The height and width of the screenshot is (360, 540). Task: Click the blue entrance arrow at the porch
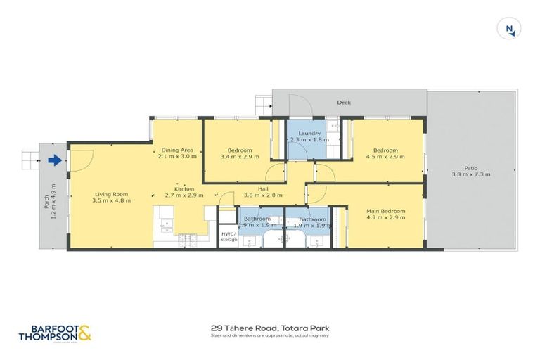point(54,161)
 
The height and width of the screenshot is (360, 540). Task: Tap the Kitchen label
point(184,189)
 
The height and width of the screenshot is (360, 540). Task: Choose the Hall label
point(263,188)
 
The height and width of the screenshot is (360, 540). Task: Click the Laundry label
point(309,134)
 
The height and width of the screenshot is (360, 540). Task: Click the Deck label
point(344,103)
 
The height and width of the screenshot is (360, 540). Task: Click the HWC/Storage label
point(229,237)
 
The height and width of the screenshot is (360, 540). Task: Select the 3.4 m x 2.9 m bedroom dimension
point(236,157)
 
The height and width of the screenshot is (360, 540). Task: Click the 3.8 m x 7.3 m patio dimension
point(470,175)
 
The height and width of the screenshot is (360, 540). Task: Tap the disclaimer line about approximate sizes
point(270,335)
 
